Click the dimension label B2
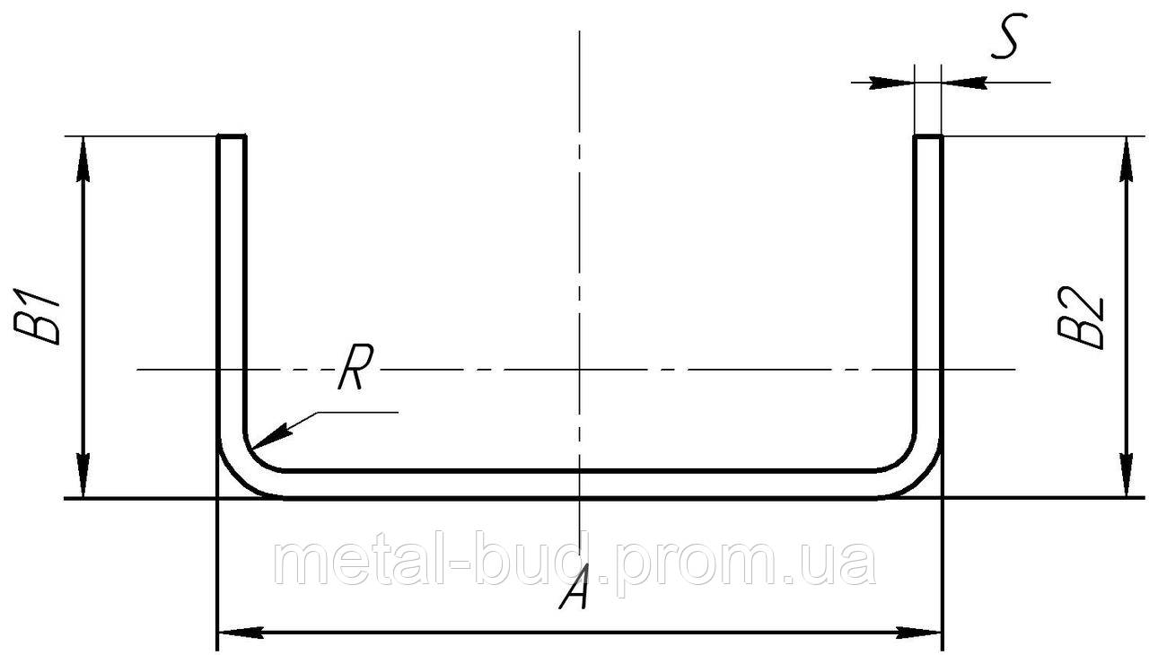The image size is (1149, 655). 1080,316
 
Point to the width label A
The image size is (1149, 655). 574,588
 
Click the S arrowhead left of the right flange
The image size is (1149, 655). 892,83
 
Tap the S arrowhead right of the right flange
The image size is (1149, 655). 963,83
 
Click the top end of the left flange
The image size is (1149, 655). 232,137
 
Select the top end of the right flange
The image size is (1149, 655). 928,137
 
